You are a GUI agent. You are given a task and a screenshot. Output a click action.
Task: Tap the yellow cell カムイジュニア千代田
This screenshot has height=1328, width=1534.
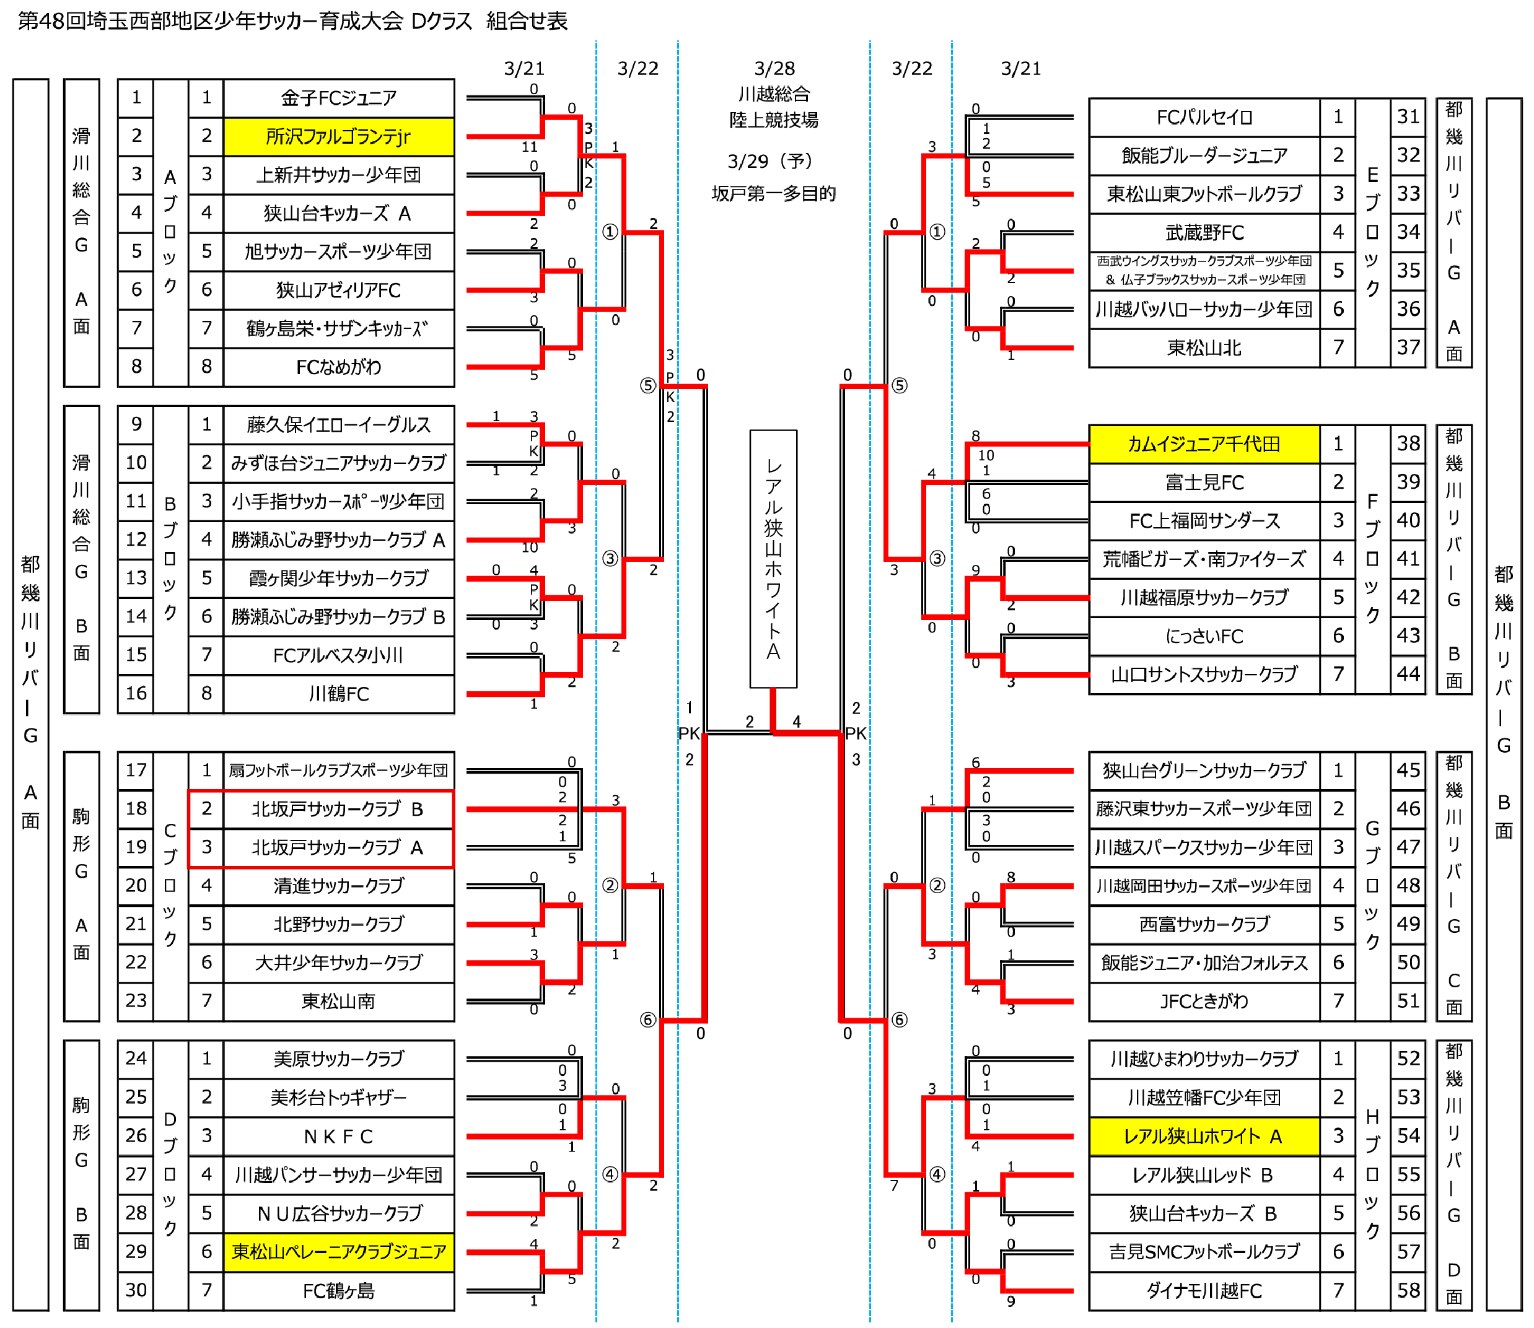pos(1204,444)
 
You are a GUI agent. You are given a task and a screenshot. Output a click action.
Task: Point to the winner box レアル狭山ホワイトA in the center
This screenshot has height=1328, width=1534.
pos(773,559)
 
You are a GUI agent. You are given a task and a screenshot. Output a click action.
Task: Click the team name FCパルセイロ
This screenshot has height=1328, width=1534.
pos(1204,117)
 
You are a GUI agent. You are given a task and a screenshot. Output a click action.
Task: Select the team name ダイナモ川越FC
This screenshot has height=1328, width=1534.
pos(1204,1290)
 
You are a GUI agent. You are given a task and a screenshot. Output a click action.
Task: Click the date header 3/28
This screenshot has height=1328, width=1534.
pos(774,69)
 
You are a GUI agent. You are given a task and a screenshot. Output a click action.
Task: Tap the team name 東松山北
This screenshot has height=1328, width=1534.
pos(1204,347)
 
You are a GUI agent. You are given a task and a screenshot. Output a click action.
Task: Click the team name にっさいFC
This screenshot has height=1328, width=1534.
pos(1204,636)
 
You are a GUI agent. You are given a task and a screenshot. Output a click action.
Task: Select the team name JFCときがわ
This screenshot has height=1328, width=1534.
pos(1204,1001)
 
